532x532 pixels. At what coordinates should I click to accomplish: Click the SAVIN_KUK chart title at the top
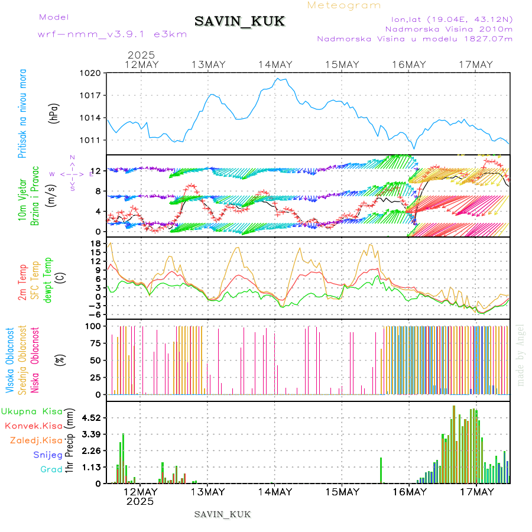click(x=239, y=22)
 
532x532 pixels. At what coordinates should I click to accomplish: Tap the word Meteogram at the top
click(x=345, y=5)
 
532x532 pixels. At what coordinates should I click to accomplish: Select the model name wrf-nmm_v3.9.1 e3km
click(x=112, y=34)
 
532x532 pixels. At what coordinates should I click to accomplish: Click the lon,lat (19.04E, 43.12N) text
click(x=448, y=19)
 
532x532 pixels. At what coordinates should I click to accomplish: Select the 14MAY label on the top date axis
click(x=275, y=64)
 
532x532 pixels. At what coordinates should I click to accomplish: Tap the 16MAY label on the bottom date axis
click(x=409, y=492)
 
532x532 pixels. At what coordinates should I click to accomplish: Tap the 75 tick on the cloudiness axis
click(x=94, y=343)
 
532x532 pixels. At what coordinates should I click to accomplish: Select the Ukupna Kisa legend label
click(x=32, y=411)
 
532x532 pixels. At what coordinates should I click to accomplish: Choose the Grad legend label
click(x=51, y=469)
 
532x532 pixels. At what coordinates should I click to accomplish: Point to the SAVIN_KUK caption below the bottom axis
click(x=223, y=514)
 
